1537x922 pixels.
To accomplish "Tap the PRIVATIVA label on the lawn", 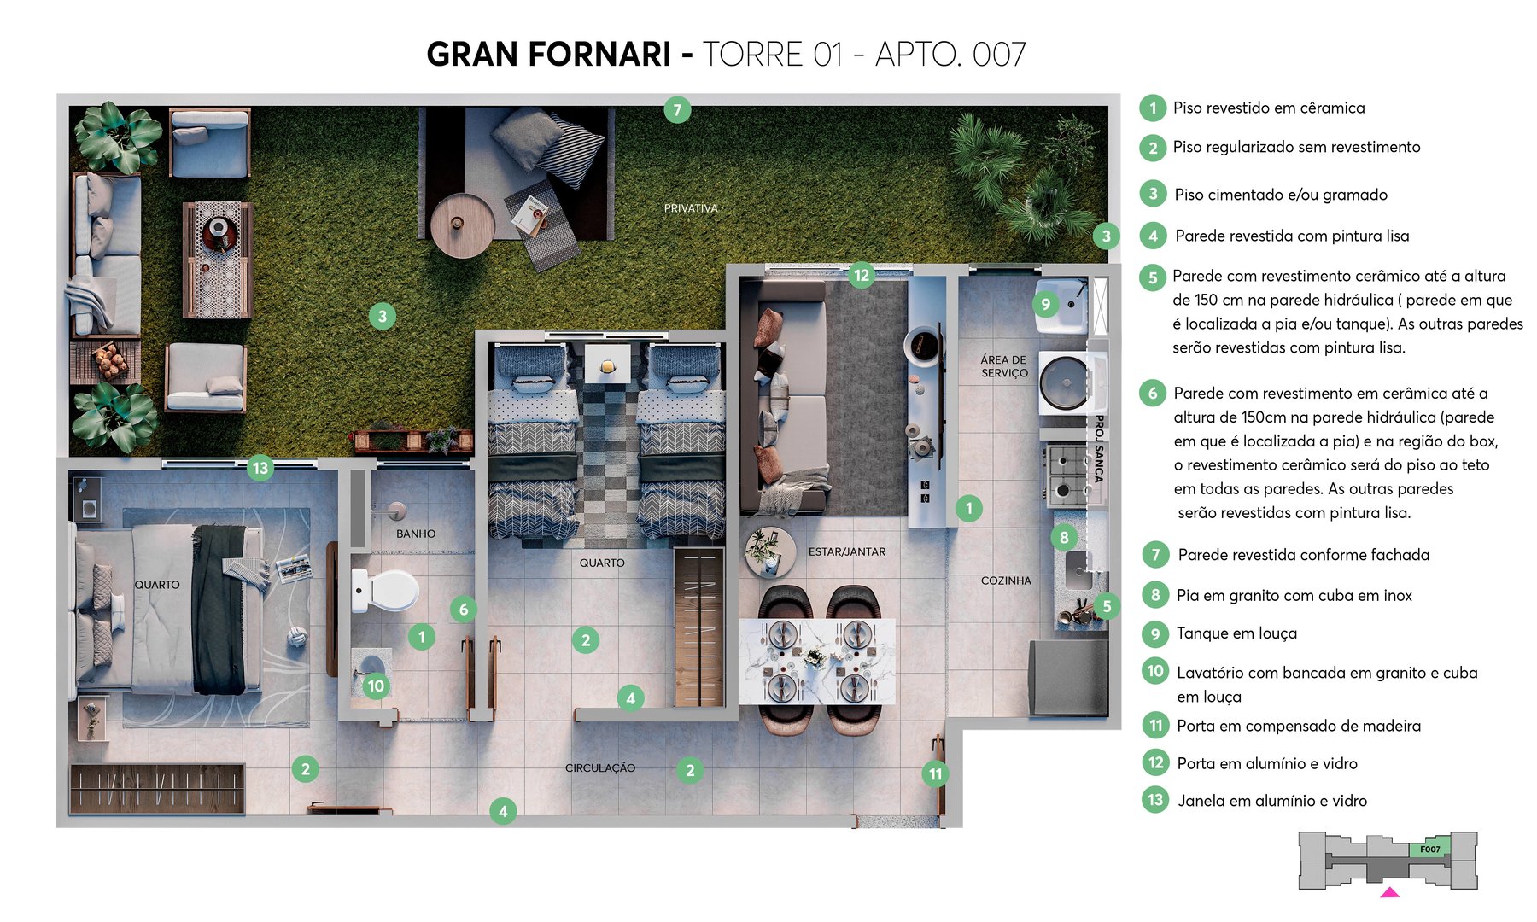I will click(x=691, y=208).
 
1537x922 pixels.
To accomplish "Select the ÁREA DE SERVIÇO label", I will click(x=1004, y=366).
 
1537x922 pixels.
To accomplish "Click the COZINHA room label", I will click(x=1006, y=581).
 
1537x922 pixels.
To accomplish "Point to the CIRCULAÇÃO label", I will click(x=600, y=767).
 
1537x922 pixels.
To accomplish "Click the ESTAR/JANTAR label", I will click(x=847, y=551).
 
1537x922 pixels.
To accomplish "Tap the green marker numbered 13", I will click(x=260, y=468).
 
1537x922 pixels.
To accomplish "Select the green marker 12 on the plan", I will click(x=862, y=275).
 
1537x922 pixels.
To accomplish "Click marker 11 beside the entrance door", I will click(x=936, y=774).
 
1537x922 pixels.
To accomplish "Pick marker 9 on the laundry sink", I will click(x=1046, y=304).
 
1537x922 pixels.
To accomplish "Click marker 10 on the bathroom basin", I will click(x=376, y=686).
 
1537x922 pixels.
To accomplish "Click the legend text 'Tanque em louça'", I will click(x=1236, y=633).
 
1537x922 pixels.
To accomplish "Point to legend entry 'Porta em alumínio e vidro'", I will click(x=1266, y=763).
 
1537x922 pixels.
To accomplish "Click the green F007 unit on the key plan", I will click(x=1430, y=849).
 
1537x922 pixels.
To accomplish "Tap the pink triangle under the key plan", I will click(x=1390, y=893).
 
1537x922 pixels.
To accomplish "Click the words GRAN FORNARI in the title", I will click(x=548, y=55).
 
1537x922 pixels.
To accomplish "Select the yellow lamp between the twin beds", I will click(x=607, y=366).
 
